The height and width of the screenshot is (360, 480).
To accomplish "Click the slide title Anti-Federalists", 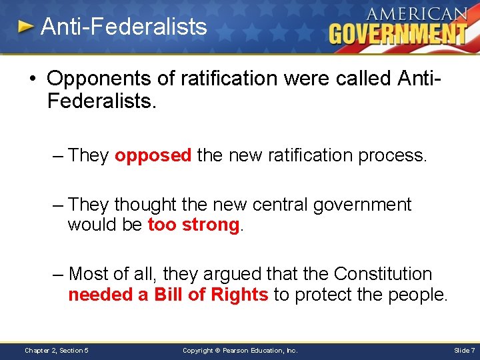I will click(123, 27).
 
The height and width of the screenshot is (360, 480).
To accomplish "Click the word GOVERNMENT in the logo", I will click(398, 33).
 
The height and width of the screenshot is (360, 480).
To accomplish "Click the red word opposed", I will click(153, 155).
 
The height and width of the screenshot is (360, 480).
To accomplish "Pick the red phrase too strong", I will click(193, 225).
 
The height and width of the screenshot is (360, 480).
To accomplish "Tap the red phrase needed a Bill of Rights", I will click(168, 295).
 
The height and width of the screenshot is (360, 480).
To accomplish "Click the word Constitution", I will click(383, 274).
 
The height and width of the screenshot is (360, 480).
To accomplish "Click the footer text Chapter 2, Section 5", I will click(57, 350).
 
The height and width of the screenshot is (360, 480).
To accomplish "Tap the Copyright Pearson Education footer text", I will click(240, 350).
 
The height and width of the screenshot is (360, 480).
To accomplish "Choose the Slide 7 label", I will click(464, 350).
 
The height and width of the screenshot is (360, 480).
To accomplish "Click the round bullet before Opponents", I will click(33, 79).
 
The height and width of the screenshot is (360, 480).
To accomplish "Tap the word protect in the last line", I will click(321, 295).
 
